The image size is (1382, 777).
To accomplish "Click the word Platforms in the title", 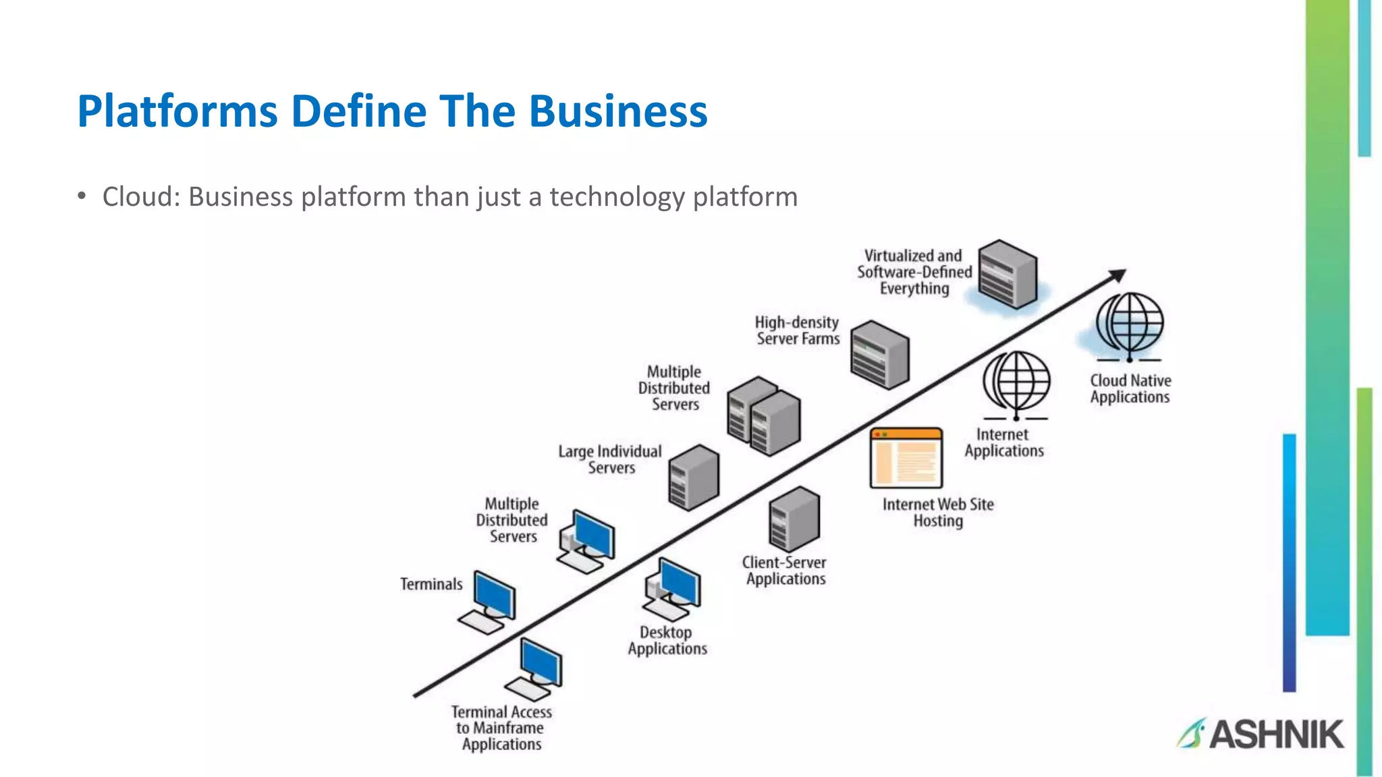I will (x=177, y=111).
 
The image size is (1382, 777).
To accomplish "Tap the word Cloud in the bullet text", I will (x=140, y=197).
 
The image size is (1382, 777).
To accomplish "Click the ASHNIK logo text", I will (x=1275, y=734).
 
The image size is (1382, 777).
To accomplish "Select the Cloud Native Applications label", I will (x=1130, y=389).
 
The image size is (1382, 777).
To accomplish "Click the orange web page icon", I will (x=906, y=458).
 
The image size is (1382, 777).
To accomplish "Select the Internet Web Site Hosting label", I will (x=938, y=513).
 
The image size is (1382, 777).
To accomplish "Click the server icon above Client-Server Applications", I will (x=794, y=519).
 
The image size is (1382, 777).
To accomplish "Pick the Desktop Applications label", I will (x=667, y=641).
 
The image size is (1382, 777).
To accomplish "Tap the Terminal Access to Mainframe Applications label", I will (x=501, y=728).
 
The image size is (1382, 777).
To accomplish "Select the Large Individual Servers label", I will (x=610, y=459).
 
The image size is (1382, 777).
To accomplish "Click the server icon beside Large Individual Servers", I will (x=694, y=478).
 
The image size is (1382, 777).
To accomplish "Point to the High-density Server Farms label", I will (x=797, y=330).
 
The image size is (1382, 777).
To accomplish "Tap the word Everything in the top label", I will (x=914, y=289).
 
